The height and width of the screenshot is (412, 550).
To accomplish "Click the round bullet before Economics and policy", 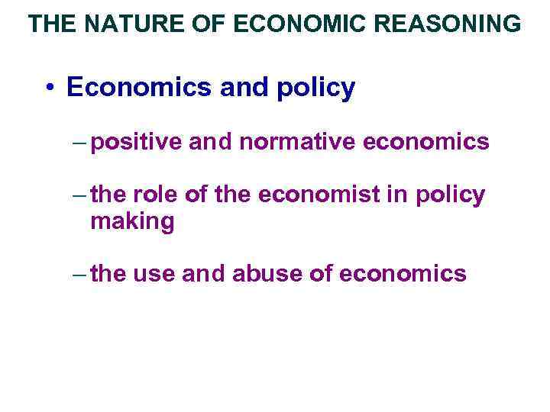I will pos(48,89).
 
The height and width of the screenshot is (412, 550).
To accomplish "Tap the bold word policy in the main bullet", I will pos(315,89).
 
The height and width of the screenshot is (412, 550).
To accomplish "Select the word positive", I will pos(133,143).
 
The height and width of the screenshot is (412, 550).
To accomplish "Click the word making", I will pos(132,223).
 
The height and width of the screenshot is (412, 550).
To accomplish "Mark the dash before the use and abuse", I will pos(79,274).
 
